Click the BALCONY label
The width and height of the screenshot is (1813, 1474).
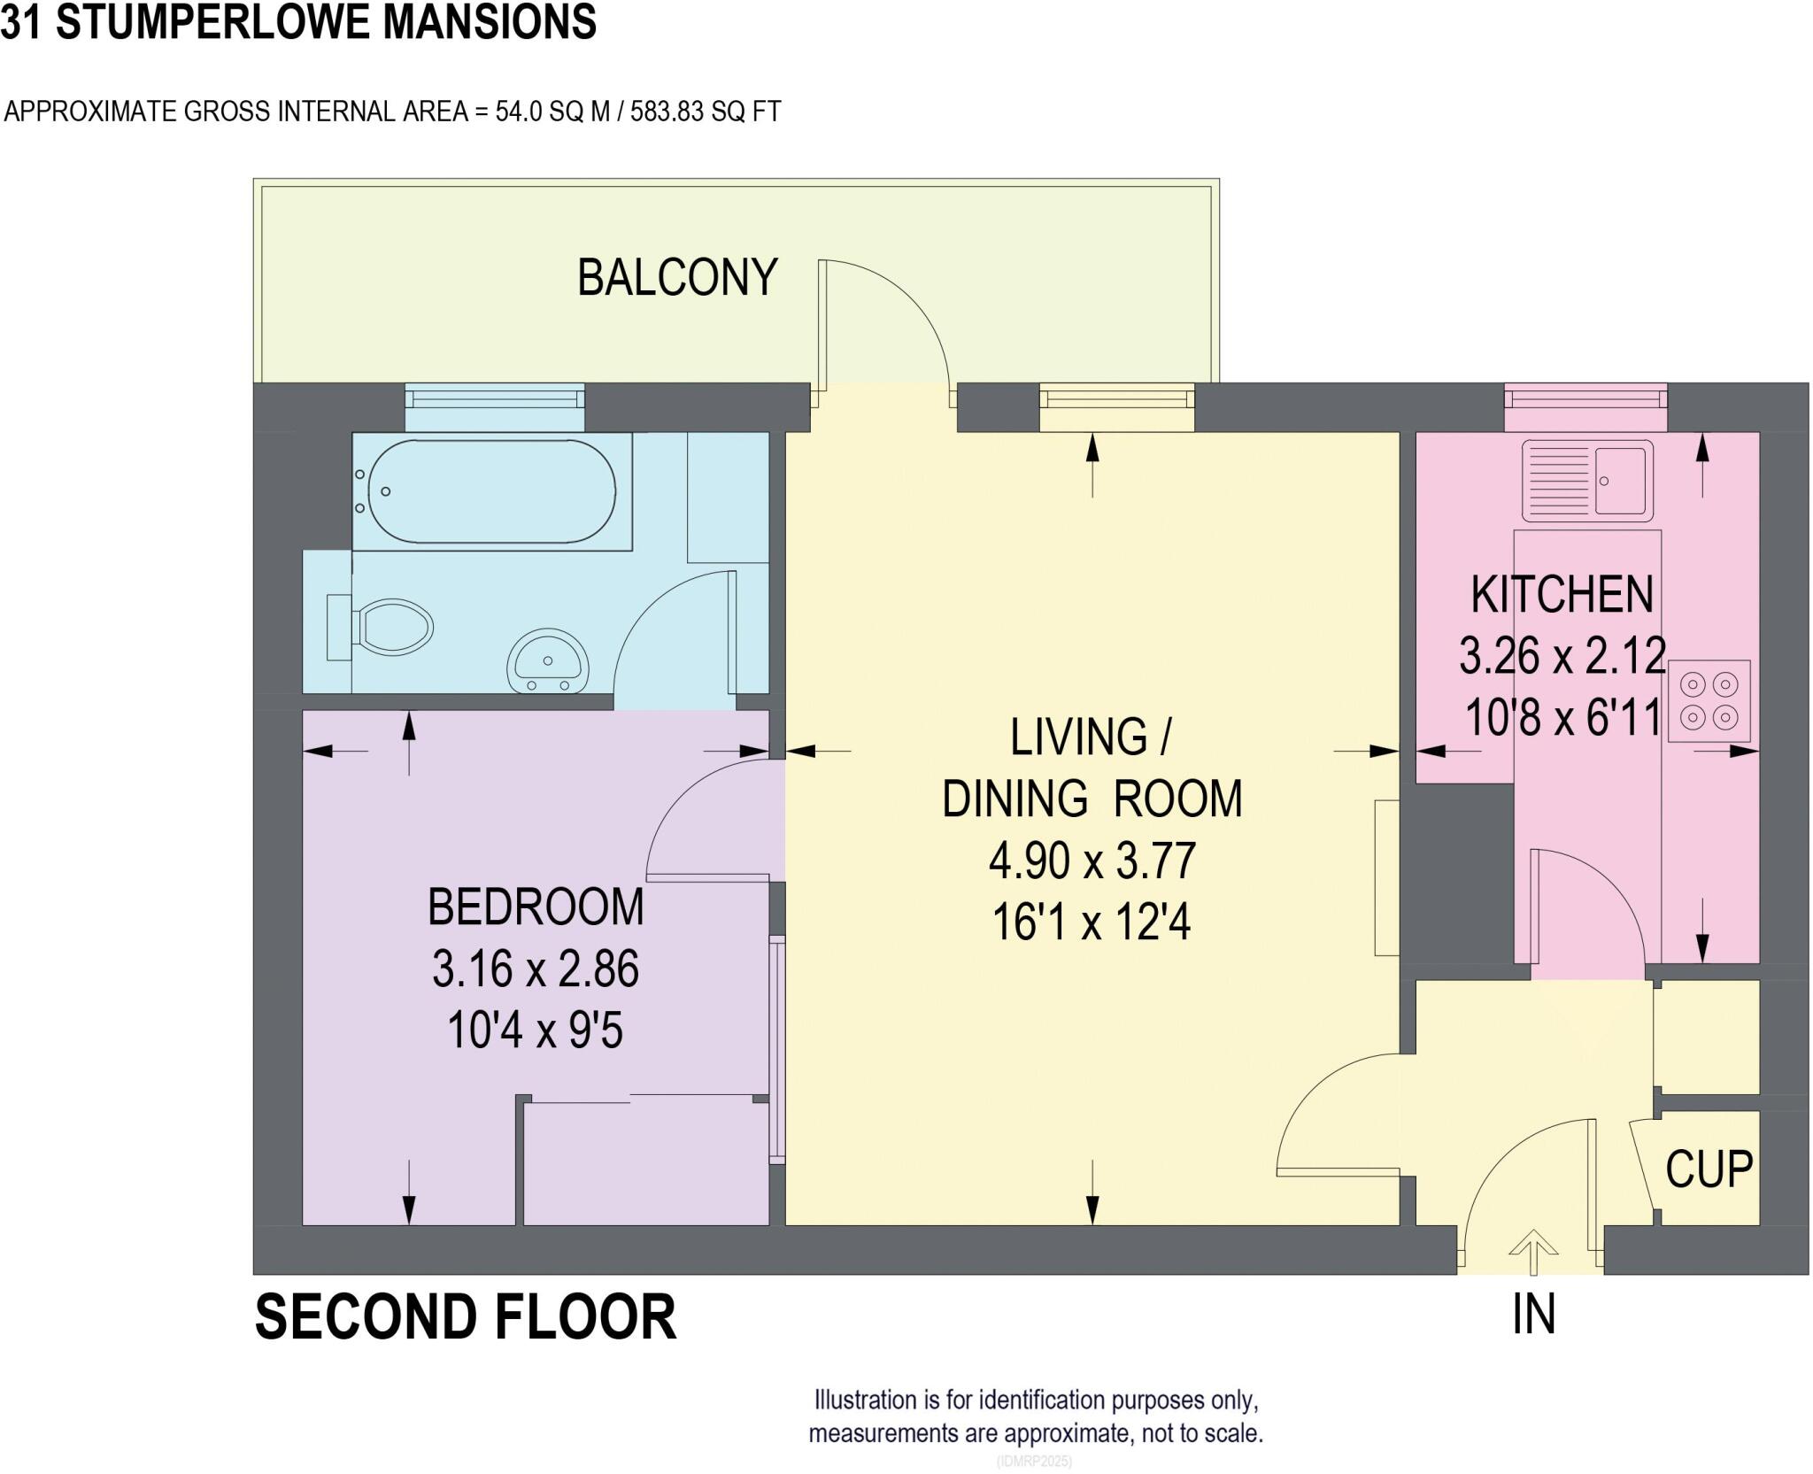[x=677, y=277]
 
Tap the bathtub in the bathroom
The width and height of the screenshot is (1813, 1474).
[x=492, y=491]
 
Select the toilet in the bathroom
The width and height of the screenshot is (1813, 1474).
[x=380, y=628]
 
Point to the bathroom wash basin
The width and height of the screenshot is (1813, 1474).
[x=548, y=660]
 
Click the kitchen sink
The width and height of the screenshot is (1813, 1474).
[x=1587, y=481]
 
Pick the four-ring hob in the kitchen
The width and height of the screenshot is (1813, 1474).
[x=1709, y=700]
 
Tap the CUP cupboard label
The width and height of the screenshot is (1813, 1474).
[x=1709, y=1169]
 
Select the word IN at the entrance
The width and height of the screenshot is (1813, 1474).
[x=1534, y=1315]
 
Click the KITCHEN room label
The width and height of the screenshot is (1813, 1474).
[x=1562, y=594]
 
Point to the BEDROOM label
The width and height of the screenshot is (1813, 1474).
[x=536, y=907]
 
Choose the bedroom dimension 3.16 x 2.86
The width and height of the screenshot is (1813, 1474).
[x=536, y=969]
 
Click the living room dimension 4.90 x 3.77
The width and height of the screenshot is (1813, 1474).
[x=1092, y=860]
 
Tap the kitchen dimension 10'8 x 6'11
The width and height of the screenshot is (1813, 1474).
[x=1563, y=717]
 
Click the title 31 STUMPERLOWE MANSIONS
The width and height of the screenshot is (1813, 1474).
[x=298, y=22]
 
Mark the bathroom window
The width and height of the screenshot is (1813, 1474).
[x=495, y=395]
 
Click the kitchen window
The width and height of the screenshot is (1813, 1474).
[x=1586, y=395]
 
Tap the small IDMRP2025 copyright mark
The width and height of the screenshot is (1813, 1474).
[x=1035, y=1461]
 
